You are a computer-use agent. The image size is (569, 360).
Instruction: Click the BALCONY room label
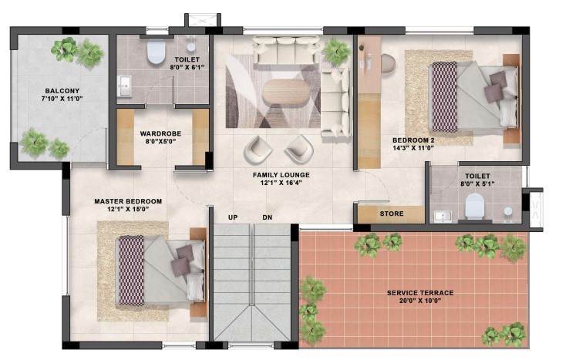[x=62, y=91]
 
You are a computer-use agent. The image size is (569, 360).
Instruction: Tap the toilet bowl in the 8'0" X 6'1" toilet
[x=156, y=52]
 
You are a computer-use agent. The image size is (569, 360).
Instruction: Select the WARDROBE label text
[x=160, y=133]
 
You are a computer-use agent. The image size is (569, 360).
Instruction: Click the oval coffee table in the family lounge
[x=284, y=93]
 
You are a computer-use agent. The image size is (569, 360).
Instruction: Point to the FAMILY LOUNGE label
[x=281, y=175]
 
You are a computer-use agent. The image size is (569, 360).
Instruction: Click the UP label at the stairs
[x=233, y=217]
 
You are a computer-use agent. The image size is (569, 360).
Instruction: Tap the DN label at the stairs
[x=268, y=217]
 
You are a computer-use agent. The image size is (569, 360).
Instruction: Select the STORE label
[x=392, y=214]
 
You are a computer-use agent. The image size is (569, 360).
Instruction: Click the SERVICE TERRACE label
[x=420, y=293]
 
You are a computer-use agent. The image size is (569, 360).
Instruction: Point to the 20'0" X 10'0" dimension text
[x=420, y=301]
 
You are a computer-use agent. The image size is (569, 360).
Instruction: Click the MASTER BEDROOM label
[x=128, y=201]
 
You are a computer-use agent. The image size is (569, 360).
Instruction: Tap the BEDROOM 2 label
[x=413, y=140]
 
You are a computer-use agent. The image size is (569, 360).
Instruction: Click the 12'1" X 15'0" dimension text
[x=129, y=209]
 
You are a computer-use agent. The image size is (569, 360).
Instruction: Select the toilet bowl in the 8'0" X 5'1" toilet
[x=474, y=206]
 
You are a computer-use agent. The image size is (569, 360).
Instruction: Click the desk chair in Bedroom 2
[x=388, y=62]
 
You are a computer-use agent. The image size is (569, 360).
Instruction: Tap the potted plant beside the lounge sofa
[x=336, y=52]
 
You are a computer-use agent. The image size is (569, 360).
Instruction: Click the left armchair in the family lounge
[x=258, y=150]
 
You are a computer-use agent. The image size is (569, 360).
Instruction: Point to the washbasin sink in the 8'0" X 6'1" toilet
[x=125, y=86]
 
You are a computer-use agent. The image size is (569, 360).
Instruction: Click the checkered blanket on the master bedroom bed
[x=131, y=271]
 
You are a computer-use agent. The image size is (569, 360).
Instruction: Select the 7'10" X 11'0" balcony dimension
[x=62, y=99]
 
